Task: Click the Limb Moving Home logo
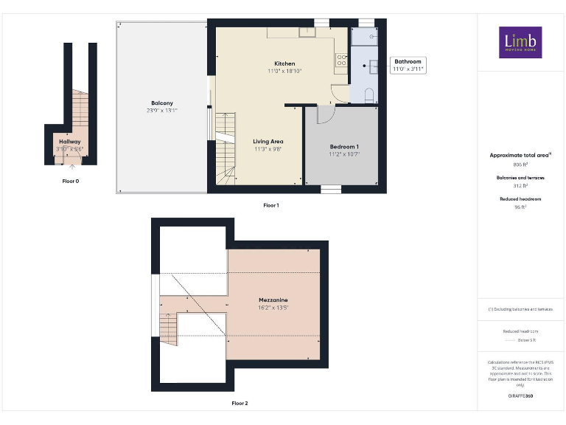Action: (x=520, y=43)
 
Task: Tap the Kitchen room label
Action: (x=284, y=64)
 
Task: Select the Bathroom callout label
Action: (x=408, y=62)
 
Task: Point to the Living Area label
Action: (x=268, y=142)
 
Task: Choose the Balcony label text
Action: (x=161, y=103)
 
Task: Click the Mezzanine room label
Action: (x=273, y=300)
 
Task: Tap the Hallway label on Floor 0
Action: (x=70, y=141)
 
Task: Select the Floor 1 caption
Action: (x=270, y=204)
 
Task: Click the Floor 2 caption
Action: (x=240, y=404)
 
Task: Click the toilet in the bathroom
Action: (x=369, y=93)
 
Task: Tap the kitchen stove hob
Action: (x=342, y=61)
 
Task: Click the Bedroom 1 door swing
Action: (x=325, y=114)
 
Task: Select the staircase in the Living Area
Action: (x=226, y=148)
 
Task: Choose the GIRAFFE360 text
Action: (x=520, y=396)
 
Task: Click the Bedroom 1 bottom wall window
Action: (x=331, y=189)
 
